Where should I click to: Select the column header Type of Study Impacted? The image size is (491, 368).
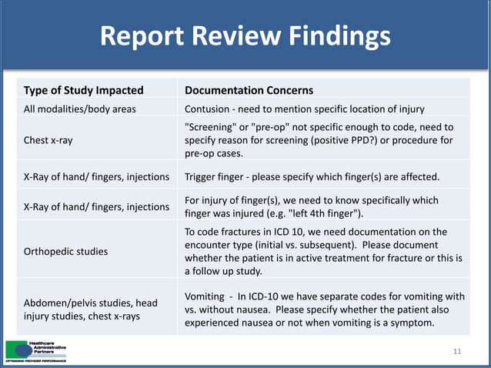(84, 90)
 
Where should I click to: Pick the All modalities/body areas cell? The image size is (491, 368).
(81, 109)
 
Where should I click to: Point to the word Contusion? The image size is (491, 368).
(209, 109)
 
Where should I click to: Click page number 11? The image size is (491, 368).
(457, 352)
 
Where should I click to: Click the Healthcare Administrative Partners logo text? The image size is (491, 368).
(48, 348)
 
